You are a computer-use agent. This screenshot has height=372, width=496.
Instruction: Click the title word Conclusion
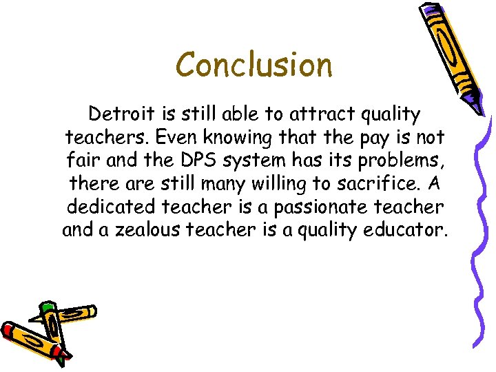[x=254, y=65]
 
